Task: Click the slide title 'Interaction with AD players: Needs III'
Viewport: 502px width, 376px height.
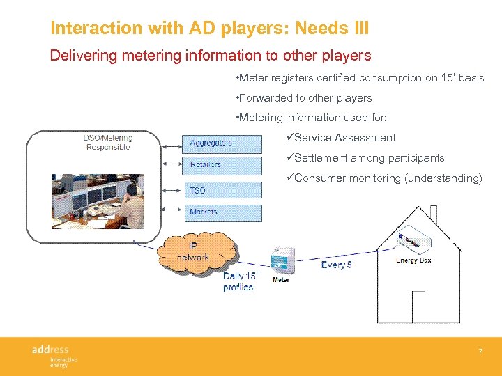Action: click(209, 29)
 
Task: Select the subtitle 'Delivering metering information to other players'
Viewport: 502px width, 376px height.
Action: click(210, 55)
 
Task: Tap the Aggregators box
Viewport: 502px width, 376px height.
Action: click(222, 143)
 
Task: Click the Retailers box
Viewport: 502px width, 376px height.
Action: click(222, 165)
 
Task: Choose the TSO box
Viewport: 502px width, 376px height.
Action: click(222, 190)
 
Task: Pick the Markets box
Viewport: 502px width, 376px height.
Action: click(222, 212)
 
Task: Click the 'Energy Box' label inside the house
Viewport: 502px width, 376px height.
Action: click(413, 260)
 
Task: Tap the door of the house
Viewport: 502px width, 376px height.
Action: click(418, 306)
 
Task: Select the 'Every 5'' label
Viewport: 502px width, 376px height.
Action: click(337, 265)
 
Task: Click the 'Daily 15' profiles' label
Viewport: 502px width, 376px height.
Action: click(239, 282)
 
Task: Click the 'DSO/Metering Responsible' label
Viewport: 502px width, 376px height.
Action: click(108, 142)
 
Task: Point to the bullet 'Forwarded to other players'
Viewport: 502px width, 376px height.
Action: click(304, 98)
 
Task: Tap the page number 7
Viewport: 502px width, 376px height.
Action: click(480, 352)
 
